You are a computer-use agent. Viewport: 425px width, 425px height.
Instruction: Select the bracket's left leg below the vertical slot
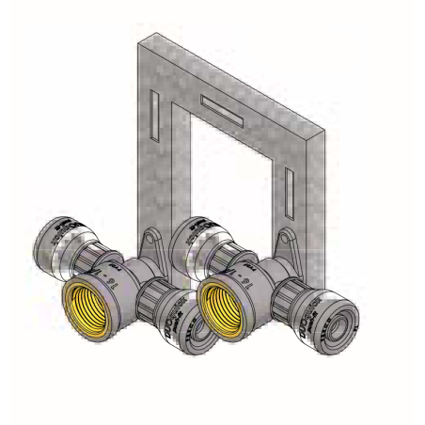pos(155,188)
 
